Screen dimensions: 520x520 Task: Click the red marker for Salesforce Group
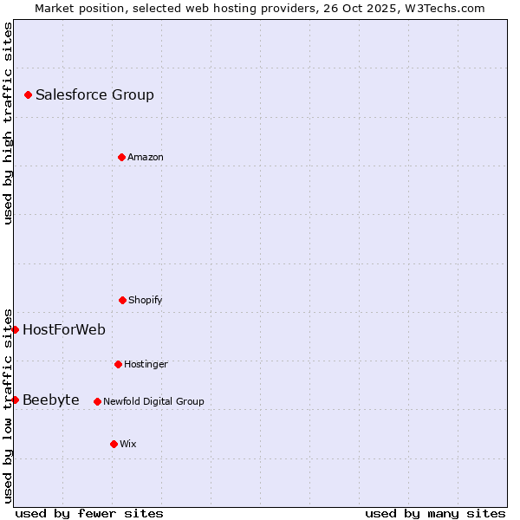point(28,94)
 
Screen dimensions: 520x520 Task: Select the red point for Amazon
point(121,157)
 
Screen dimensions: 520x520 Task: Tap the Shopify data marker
point(122,300)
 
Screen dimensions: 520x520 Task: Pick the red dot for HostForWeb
point(15,329)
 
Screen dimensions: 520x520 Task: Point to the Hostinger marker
point(118,364)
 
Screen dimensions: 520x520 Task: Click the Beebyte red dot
point(15,400)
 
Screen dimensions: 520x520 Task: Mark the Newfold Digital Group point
point(97,401)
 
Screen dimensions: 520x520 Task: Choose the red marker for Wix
point(114,444)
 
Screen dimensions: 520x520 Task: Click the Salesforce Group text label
point(94,94)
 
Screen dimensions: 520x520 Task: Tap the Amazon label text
point(146,157)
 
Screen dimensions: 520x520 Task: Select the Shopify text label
point(146,300)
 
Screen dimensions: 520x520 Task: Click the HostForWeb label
point(64,329)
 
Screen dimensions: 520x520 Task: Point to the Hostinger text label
point(146,364)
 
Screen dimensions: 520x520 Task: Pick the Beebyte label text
point(51,400)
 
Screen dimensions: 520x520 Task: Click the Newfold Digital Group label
point(153,401)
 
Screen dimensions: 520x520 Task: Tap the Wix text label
point(128,444)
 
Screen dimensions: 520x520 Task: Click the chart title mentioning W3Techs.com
point(260,8)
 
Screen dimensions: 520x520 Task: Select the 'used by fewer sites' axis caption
point(89,513)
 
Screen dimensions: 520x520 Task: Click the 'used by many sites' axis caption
point(435,513)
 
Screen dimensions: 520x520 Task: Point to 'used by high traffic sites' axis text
point(8,123)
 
